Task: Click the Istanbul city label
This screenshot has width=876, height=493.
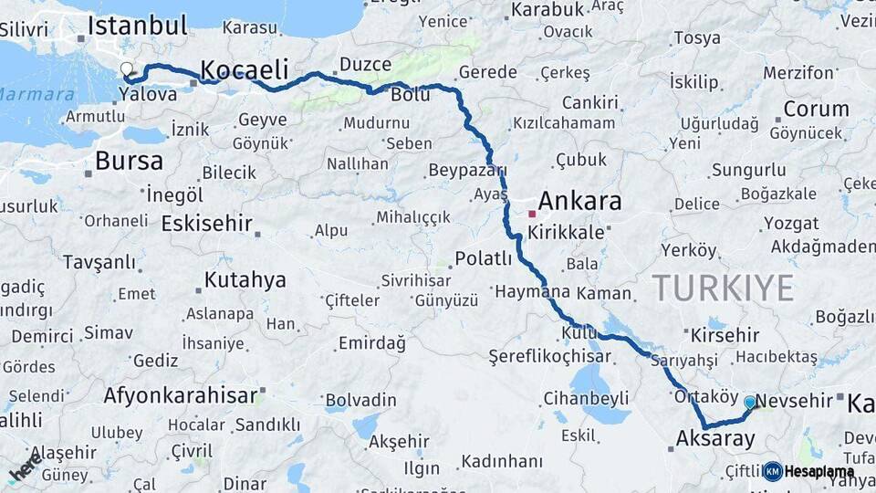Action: [137, 25]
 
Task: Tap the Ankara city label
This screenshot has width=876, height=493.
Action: [579, 201]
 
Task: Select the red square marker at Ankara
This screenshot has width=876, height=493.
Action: [532, 214]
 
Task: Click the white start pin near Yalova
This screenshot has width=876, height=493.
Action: [127, 68]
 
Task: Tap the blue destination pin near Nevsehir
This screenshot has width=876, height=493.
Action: [750, 402]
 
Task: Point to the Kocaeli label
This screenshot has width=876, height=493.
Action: [244, 69]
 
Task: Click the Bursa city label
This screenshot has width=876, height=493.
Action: [129, 162]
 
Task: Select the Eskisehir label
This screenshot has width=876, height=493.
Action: [206, 223]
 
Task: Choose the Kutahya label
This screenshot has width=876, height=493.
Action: [245, 279]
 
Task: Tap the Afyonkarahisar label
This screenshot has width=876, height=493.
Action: [181, 396]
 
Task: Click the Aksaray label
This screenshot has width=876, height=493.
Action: [715, 439]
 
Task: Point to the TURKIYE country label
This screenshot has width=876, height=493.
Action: [723, 288]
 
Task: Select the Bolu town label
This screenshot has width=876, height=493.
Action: [410, 94]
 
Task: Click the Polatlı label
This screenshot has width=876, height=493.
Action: [484, 258]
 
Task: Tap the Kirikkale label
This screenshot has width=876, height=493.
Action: [572, 232]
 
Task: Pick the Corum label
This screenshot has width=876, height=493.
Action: [816, 109]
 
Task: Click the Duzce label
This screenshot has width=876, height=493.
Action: [365, 65]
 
